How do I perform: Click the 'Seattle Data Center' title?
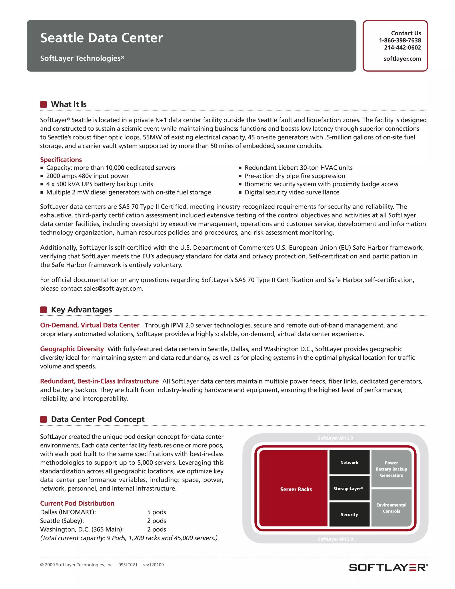[x=101, y=38]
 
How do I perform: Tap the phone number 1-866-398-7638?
[x=400, y=40]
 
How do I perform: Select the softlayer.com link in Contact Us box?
[x=402, y=59]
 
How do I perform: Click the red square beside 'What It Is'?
[x=43, y=104]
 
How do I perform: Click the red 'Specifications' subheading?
[x=61, y=160]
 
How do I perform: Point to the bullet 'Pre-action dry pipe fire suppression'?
[x=295, y=176]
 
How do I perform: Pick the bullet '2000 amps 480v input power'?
[x=87, y=176]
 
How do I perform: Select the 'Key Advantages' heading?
[x=81, y=310]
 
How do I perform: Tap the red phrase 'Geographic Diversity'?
[x=72, y=349]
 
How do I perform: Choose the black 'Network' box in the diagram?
[x=349, y=463]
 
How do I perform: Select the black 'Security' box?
[x=349, y=515]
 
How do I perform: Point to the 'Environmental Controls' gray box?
[x=391, y=508]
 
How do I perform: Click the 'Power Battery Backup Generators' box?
[x=391, y=469]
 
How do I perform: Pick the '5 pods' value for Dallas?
[x=156, y=512]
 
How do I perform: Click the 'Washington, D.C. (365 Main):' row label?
[x=82, y=529]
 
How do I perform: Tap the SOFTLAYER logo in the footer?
[x=388, y=567]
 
